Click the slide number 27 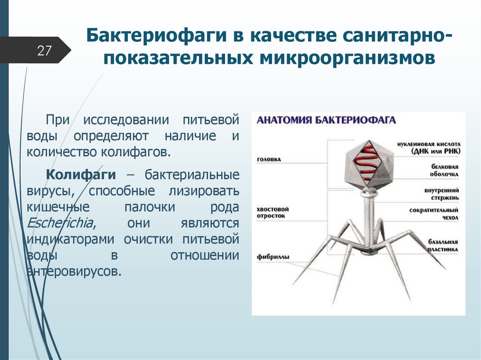(x=44, y=50)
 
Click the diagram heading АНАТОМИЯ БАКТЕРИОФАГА (x=326, y=120)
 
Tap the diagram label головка (x=269, y=159)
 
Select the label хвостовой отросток (x=272, y=212)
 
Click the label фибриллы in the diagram (x=272, y=257)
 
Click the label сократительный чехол (x=434, y=214)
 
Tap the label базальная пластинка (x=442, y=246)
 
